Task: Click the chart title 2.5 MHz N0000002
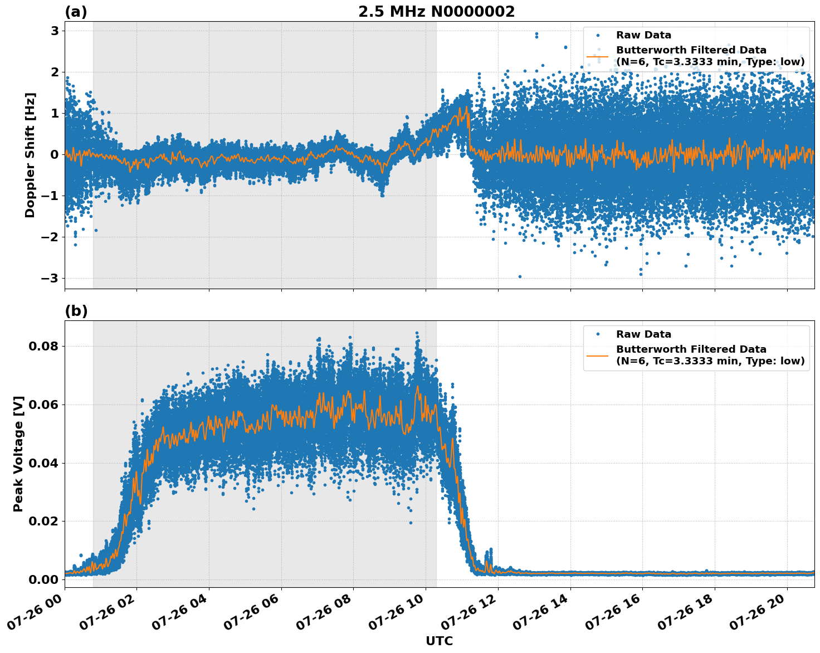pos(436,12)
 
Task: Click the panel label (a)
pos(76,12)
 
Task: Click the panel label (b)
pos(76,311)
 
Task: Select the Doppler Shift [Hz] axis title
pos(30,155)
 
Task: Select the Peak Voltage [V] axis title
pos(18,454)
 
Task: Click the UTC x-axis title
pos(439,641)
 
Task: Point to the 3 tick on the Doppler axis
pos(55,31)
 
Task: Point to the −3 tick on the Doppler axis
pos(51,278)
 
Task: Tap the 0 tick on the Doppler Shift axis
pos(55,154)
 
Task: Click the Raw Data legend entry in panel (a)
pos(643,35)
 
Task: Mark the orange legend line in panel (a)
pos(597,56)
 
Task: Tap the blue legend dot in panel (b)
pos(598,334)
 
